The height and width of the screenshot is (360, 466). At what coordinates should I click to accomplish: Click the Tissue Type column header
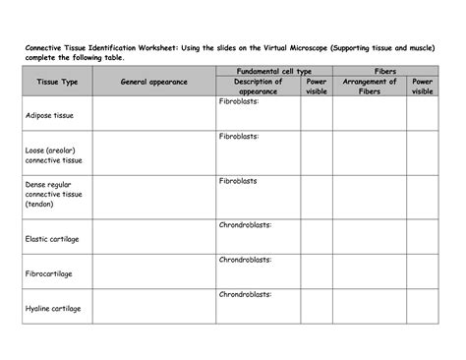[57, 83]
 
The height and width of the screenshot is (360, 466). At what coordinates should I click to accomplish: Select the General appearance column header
[153, 83]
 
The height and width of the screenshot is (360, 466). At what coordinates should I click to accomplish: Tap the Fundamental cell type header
[274, 72]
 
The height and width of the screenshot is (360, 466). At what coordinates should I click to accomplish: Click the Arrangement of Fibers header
[369, 87]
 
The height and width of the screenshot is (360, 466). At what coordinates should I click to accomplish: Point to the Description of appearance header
[258, 87]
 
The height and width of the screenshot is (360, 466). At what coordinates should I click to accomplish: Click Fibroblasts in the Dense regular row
[238, 181]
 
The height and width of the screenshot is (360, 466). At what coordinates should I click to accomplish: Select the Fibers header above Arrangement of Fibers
[385, 72]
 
